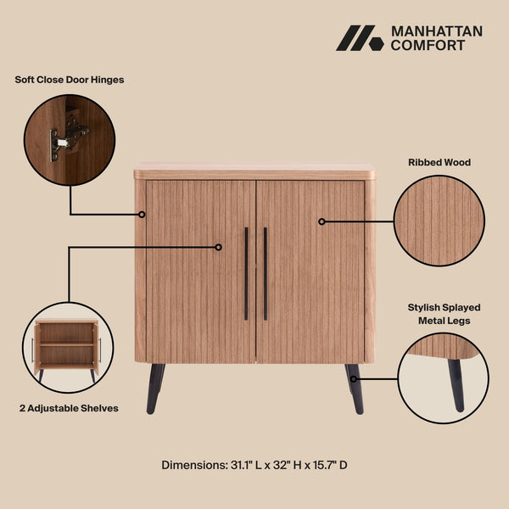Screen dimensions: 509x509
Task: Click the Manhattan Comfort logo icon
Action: pos(360,38)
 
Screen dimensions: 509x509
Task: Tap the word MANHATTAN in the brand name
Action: pos(436,31)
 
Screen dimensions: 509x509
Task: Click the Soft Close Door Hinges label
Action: pos(70,80)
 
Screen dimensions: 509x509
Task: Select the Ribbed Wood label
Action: pos(439,161)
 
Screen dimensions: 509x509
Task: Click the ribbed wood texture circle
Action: pos(439,221)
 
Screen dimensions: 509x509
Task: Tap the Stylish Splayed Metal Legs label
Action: pos(439,315)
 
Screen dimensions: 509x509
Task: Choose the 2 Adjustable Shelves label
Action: pos(69,408)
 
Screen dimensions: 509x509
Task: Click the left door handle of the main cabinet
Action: pos(246,273)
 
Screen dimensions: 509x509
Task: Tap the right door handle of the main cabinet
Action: pos(266,273)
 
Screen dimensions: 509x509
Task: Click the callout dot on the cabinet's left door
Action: pos(218,247)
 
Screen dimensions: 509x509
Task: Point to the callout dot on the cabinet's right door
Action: pos(322,221)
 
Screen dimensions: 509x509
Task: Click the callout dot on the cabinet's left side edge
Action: pos(143,215)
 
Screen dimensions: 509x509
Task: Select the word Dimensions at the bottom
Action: pos(193,465)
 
